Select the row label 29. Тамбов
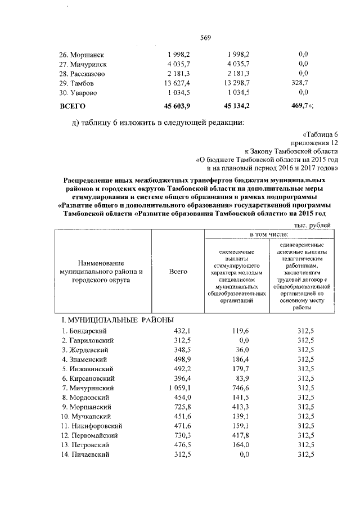tap(78, 83)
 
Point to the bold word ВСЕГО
tap(72, 105)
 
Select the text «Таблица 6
tap(319, 134)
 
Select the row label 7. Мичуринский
tap(88, 388)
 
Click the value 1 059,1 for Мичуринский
tap(178, 388)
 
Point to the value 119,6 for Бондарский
tap(241, 331)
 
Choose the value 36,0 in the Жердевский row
tap(242, 350)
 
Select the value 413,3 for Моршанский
tap(241, 407)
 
